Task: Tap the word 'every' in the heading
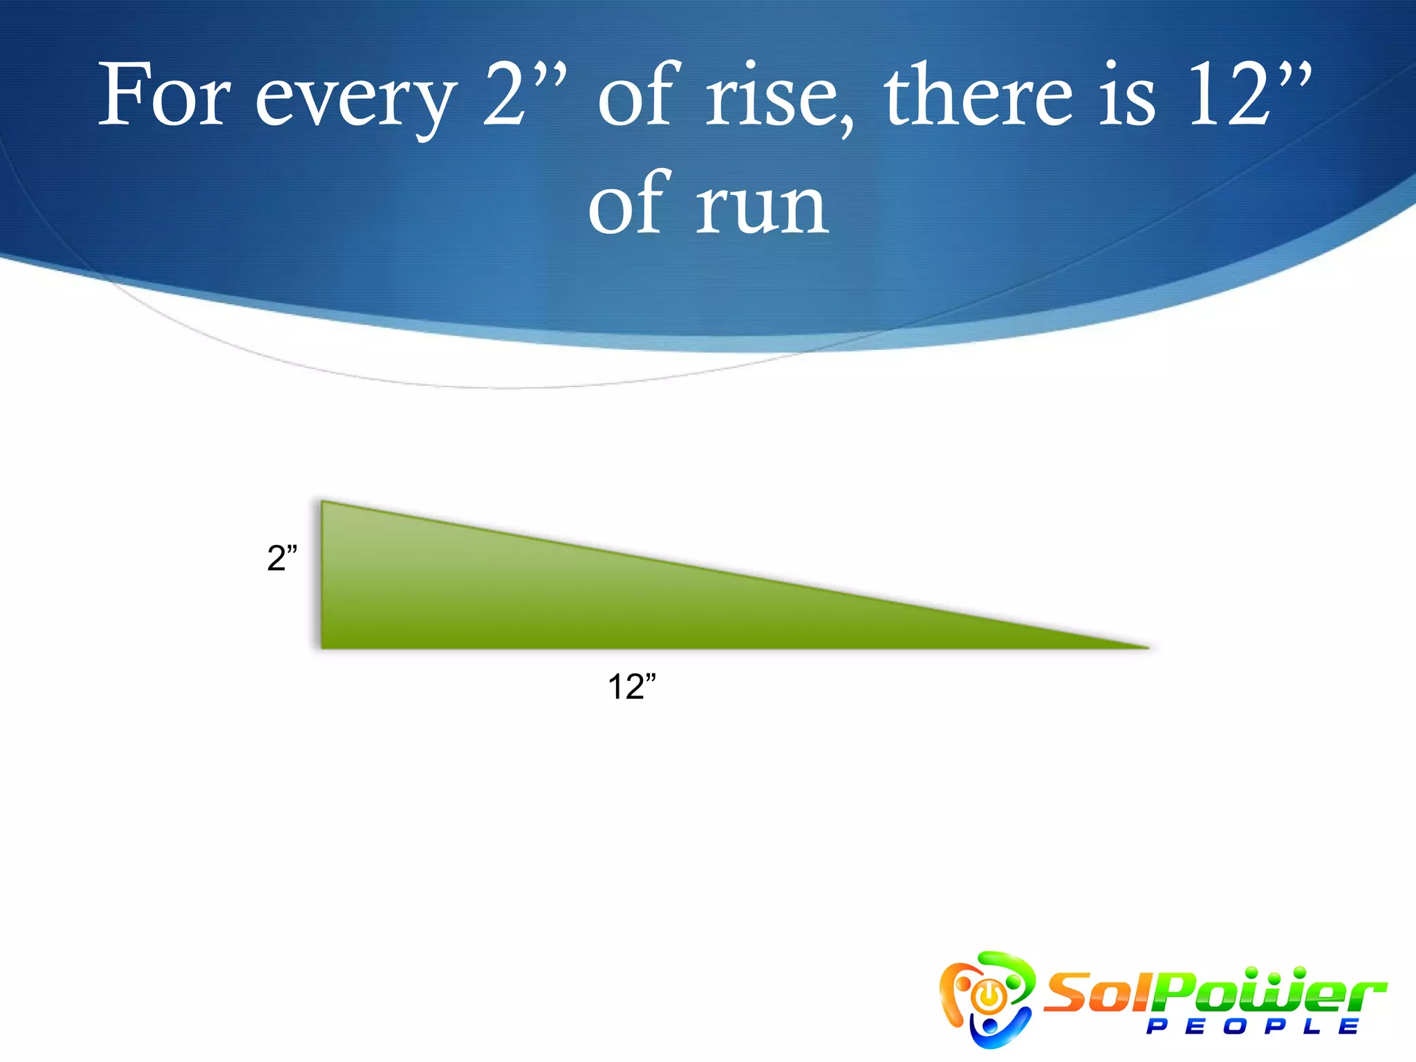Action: pyautogui.click(x=355, y=101)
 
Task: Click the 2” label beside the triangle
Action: pyautogui.click(x=282, y=558)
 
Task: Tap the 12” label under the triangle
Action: pyautogui.click(x=631, y=687)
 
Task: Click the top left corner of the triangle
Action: pyautogui.click(x=324, y=503)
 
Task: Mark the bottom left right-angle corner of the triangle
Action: pyautogui.click(x=324, y=646)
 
